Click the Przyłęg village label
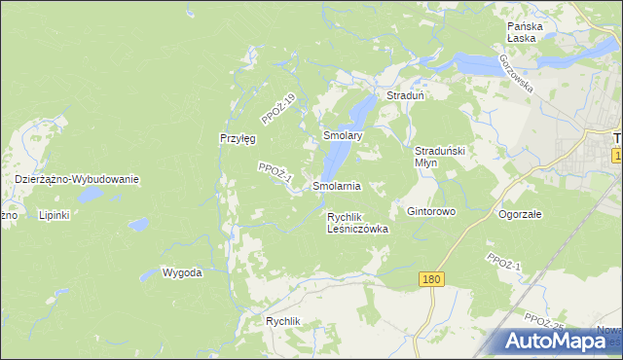point(238,138)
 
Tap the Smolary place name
point(343,137)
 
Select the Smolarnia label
point(337,185)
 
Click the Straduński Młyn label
point(443,157)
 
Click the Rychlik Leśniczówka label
point(357,223)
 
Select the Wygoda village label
point(182,272)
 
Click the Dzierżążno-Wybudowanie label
point(78,180)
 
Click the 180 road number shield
point(433,279)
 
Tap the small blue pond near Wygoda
point(139,225)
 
